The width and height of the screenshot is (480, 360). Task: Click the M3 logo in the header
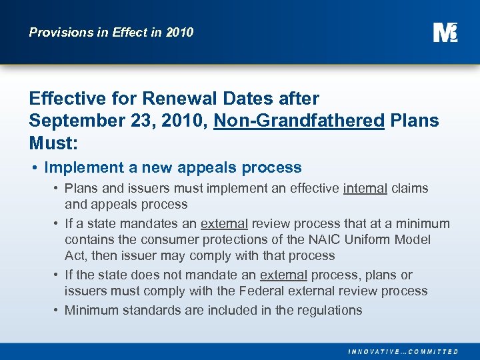click(445, 32)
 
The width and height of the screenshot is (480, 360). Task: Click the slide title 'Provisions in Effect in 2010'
click(111, 32)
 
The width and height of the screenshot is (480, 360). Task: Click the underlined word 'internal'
click(365, 189)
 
